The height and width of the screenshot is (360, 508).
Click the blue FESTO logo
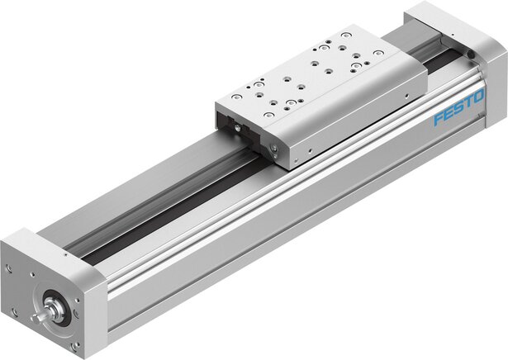click(458, 111)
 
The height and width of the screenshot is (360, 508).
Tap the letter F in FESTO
click(438, 121)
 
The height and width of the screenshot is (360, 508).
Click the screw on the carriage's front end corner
click(273, 149)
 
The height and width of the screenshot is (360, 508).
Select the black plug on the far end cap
click(470, 53)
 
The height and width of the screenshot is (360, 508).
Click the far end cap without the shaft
click(463, 33)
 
